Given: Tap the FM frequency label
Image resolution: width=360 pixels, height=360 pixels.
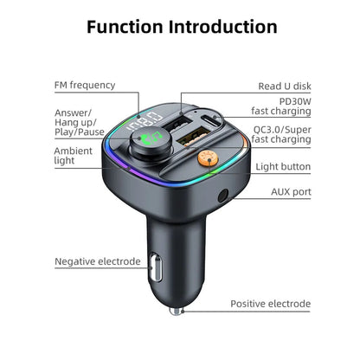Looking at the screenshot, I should click(x=84, y=84).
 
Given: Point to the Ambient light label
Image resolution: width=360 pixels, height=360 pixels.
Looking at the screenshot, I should click(x=73, y=157).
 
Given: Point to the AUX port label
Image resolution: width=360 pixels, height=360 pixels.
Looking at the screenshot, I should click(x=289, y=191).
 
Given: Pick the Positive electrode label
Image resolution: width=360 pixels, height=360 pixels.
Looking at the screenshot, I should click(x=269, y=304).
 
